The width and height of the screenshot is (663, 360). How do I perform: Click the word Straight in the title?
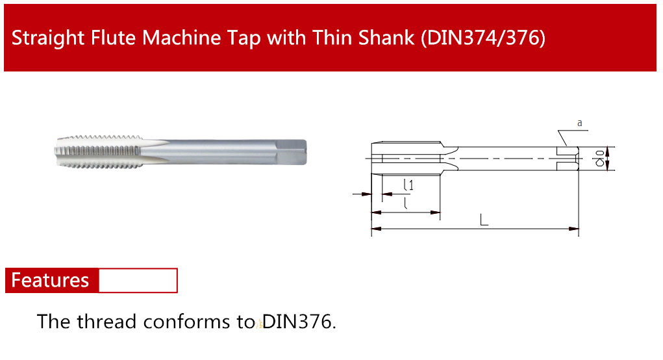[x=48, y=38]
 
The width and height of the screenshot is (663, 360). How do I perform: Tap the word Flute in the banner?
[x=114, y=38]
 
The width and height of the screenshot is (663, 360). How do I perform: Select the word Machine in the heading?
[x=181, y=38]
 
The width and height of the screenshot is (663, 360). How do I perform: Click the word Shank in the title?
[x=386, y=38]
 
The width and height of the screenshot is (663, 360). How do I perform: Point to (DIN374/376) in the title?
[x=483, y=38]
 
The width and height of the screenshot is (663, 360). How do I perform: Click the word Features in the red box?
[x=50, y=280]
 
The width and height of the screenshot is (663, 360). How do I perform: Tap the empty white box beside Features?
[x=138, y=280]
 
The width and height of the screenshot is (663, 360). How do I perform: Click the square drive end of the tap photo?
[x=292, y=152]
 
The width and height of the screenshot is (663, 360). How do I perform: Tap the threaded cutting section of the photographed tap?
[x=99, y=152]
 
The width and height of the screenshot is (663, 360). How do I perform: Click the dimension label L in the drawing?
[x=484, y=220]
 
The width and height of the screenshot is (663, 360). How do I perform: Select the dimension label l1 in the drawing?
[x=408, y=185]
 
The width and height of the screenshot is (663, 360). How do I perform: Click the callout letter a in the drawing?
[x=580, y=123]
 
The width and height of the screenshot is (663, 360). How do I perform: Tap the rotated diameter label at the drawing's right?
[x=599, y=158]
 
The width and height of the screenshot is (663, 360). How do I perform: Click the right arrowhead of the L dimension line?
[x=573, y=229]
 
